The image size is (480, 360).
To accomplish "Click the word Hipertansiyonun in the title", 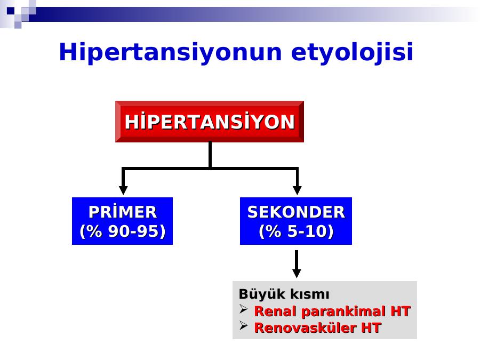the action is [x=170, y=53].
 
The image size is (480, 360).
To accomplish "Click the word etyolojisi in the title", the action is [x=352, y=53].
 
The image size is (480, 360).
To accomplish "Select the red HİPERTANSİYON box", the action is [x=210, y=122].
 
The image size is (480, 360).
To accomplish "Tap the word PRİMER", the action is [x=123, y=212].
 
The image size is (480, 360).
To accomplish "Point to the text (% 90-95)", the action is [x=123, y=231].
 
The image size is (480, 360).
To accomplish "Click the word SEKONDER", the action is [x=296, y=212].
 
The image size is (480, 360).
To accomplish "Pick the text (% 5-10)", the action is [x=296, y=231].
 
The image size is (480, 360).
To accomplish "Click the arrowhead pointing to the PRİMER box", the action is [x=123, y=190].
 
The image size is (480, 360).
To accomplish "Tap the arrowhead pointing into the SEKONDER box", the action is [x=297, y=190].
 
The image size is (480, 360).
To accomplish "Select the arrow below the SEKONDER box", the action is [x=297, y=264].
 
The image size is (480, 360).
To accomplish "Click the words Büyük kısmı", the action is [x=284, y=294].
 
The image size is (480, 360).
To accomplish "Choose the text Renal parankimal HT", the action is [x=332, y=311].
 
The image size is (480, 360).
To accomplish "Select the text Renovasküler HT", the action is [x=317, y=327].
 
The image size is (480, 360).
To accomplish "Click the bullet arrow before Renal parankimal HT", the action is [x=243, y=309].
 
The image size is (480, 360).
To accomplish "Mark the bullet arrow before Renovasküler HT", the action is [x=243, y=325].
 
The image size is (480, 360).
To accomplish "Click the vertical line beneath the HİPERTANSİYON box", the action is [x=210, y=155].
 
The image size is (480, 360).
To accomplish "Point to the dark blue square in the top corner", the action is [x=11, y=11].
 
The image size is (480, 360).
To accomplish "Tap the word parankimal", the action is [x=342, y=312].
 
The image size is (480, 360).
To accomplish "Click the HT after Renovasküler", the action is [x=371, y=327].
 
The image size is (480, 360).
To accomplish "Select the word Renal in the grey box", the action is [x=276, y=311].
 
